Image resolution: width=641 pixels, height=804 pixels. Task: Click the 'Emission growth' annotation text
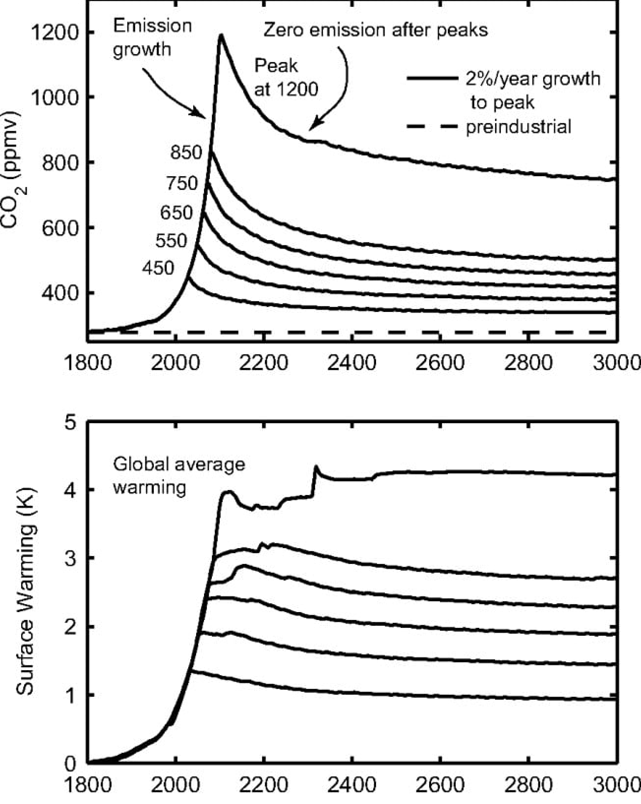pos(152,38)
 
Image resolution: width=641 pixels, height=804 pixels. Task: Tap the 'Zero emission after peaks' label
pos(376,30)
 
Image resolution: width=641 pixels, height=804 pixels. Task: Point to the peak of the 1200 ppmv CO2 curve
pos(221,35)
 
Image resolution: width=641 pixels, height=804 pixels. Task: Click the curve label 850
pos(186,153)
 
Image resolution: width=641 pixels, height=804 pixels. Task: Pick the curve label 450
pos(158,268)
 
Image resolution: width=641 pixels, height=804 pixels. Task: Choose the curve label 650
pos(176,213)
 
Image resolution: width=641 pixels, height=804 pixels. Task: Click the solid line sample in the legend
pos(431,78)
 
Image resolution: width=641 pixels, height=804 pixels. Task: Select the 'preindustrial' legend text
pos(519,127)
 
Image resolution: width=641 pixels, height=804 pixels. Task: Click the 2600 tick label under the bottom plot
pos(440,784)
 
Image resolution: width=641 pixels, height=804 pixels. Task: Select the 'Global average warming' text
pos(179,476)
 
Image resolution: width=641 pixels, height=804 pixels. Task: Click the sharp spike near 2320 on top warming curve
pos(316,466)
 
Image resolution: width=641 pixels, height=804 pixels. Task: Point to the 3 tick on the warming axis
pos(71,558)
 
